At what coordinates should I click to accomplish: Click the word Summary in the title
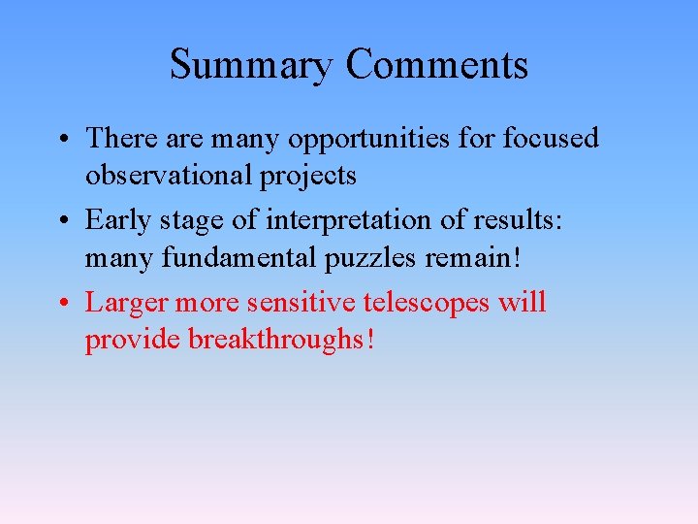pyautogui.click(x=252, y=66)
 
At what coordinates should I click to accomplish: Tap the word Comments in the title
pyautogui.click(x=437, y=66)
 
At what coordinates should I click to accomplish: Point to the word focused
pyautogui.click(x=551, y=138)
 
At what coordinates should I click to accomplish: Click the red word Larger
pyautogui.click(x=126, y=304)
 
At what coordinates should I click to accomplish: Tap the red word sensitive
pyautogui.click(x=301, y=303)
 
